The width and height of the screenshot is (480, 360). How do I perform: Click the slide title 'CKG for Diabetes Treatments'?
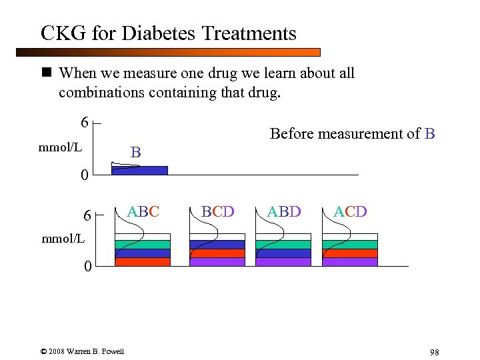(x=168, y=33)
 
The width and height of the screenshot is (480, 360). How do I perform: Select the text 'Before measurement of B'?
(x=352, y=134)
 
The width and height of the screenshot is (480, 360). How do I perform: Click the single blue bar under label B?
(x=139, y=170)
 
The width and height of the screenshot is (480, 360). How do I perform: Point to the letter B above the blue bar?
(x=135, y=153)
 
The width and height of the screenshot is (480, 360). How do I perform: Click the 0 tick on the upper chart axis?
(x=84, y=176)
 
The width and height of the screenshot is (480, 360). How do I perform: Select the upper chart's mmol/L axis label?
(x=61, y=145)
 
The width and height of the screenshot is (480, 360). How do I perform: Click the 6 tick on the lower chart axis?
(x=87, y=215)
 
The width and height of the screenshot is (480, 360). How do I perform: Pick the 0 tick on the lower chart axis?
(x=87, y=267)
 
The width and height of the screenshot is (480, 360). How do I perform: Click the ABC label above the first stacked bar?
(x=143, y=212)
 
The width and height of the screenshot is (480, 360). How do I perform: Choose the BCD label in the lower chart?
(x=218, y=212)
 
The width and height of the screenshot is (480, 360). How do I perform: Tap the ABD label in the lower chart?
(x=284, y=212)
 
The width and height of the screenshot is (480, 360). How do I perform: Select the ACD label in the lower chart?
(x=350, y=212)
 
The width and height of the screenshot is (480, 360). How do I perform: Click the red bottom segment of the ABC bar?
(x=143, y=261)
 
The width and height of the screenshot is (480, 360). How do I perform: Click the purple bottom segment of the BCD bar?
(x=217, y=261)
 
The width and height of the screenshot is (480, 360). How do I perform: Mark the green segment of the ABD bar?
(x=283, y=245)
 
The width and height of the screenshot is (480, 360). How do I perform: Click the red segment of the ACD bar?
(x=350, y=253)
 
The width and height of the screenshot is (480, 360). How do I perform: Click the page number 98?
(x=434, y=352)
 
